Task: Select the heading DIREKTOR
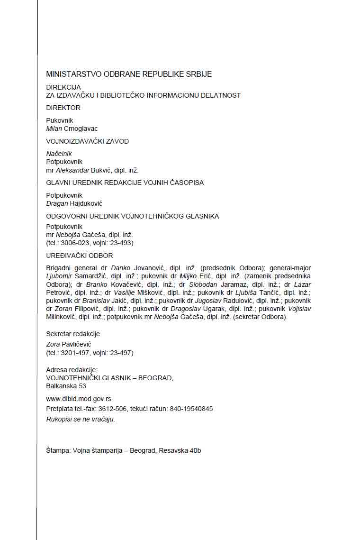coord(63,108)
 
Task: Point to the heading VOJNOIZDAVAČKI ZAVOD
coord(87,141)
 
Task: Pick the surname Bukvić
coord(101,170)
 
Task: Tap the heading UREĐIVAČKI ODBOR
coord(79,256)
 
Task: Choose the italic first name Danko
coord(120,268)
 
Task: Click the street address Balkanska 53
coord(66,386)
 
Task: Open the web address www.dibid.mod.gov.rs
coord(79,399)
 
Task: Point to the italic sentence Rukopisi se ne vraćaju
coord(81,419)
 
